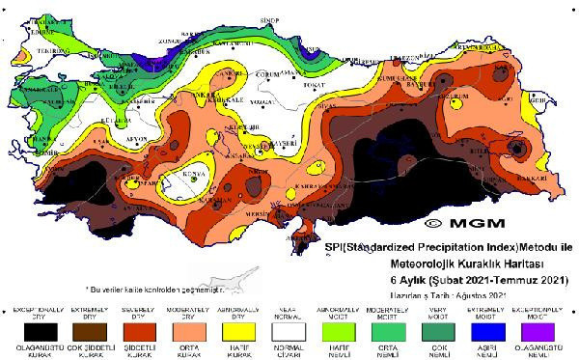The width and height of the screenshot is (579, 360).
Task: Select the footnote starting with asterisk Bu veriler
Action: [x=164, y=289]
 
